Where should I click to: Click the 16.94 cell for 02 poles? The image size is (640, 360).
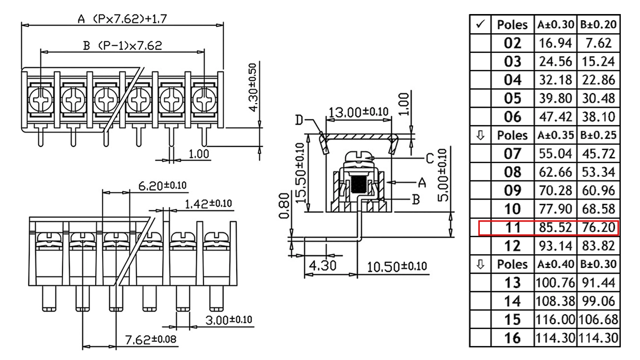555,43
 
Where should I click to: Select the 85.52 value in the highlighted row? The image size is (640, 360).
555,228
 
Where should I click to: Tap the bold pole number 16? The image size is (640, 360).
512,338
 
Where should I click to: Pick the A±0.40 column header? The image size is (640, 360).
555,264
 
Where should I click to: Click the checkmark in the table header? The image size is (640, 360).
481,24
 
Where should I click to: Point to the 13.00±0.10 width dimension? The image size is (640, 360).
358,112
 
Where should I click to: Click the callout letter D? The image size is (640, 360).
299,120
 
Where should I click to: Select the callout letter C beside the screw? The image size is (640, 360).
430,158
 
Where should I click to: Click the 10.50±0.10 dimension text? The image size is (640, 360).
396,267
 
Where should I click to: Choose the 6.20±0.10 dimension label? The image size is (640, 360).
162,186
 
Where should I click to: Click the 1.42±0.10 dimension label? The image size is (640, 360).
208,204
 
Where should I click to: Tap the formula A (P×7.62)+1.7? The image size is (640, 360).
122,19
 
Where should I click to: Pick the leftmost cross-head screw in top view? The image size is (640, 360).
40,100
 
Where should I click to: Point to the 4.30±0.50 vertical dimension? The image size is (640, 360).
253,88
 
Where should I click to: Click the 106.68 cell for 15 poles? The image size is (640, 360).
598,320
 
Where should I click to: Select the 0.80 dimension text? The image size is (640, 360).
284,206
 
